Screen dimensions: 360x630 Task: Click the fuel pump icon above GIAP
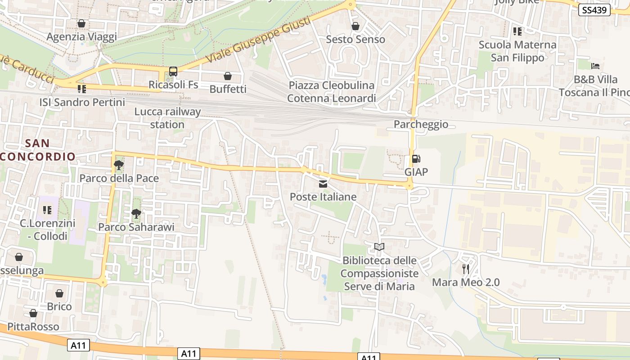[x=416, y=159]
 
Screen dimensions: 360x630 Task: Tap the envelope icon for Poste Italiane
[x=323, y=184]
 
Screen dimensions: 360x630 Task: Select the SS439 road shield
[x=594, y=10]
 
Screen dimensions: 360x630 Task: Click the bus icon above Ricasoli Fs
[x=173, y=71]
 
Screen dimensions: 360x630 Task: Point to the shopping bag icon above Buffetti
[x=228, y=76]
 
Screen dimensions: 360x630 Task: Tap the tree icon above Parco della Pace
[x=119, y=165]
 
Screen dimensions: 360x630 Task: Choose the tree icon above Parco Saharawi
[x=136, y=214]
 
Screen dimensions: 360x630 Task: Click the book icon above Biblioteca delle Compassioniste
[x=379, y=247]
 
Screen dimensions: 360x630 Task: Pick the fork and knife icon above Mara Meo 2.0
[x=466, y=269]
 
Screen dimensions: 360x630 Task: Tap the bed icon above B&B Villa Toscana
[x=595, y=66]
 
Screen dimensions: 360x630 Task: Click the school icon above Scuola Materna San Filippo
[x=517, y=31]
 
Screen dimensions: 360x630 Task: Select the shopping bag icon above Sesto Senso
[x=355, y=26]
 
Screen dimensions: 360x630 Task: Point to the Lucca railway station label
[x=167, y=118]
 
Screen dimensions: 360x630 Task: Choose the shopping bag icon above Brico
[x=59, y=293]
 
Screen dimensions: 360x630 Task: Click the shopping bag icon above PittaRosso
[x=33, y=313]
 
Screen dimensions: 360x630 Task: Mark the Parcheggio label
[x=421, y=124]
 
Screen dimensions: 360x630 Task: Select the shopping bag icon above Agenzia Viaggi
[x=81, y=23]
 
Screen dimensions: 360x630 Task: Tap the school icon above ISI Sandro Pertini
[x=81, y=89]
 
